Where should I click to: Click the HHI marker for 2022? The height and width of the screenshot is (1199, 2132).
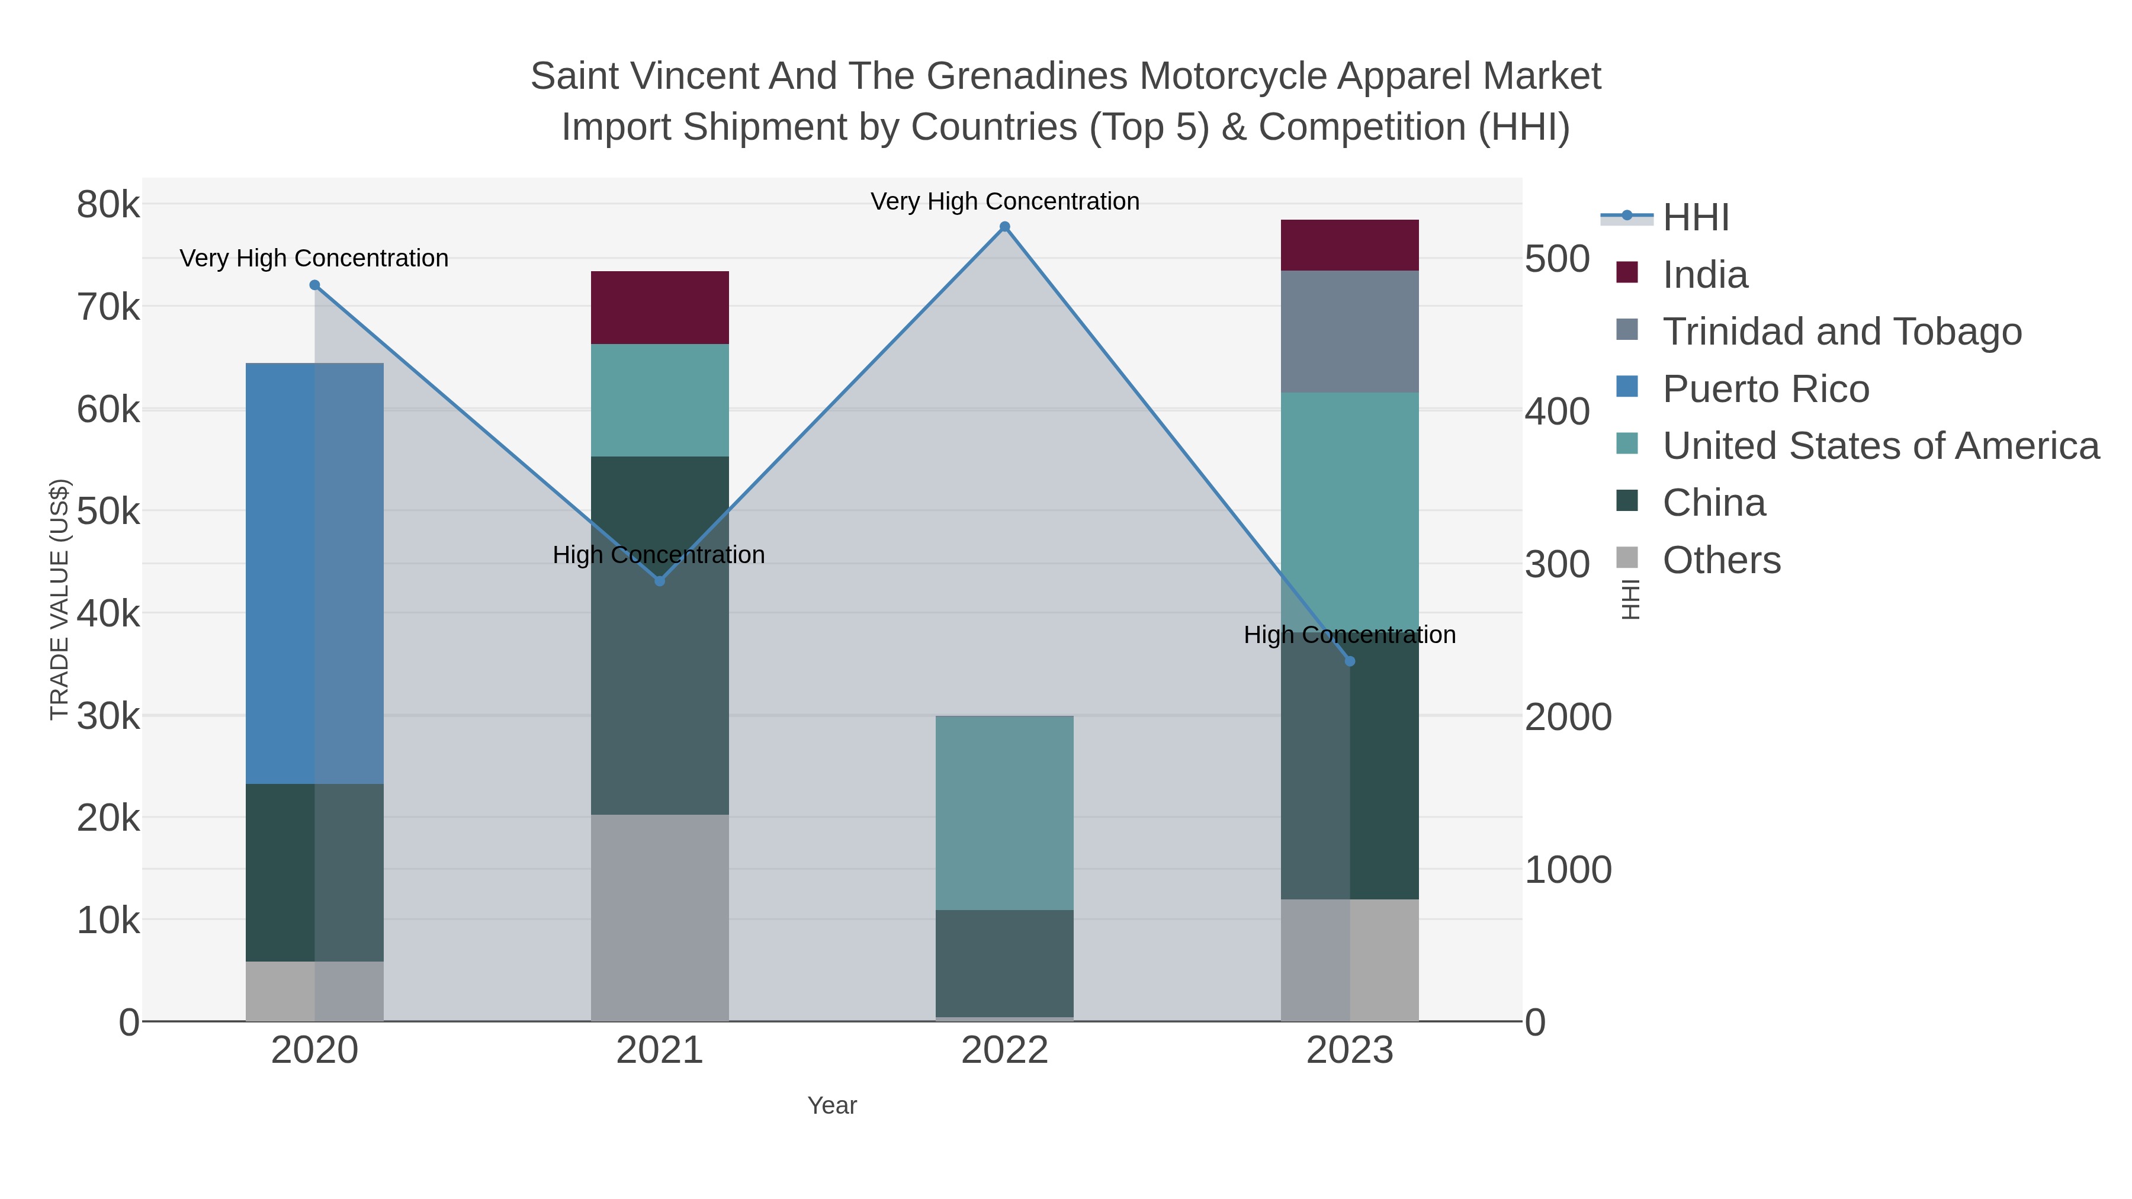pyautogui.click(x=1005, y=227)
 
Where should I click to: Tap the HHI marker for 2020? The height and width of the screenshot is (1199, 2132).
pyautogui.click(x=314, y=285)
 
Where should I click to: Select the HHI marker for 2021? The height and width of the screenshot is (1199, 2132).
pyautogui.click(x=660, y=581)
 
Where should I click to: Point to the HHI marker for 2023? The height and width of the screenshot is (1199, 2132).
pyautogui.click(x=1350, y=661)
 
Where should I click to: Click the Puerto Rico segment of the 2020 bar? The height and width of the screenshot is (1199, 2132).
pyautogui.click(x=314, y=573)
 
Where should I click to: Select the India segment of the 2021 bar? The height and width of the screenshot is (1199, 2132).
pyautogui.click(x=660, y=307)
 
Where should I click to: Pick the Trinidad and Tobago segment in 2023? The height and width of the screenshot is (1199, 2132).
pyautogui.click(x=1350, y=331)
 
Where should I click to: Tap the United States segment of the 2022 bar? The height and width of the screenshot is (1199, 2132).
pyautogui.click(x=1005, y=812)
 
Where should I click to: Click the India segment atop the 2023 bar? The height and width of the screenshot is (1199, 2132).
pyautogui.click(x=1350, y=245)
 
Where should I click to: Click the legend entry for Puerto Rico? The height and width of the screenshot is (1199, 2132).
pyautogui.click(x=1765, y=389)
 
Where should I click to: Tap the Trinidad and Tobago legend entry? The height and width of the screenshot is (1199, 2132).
pyautogui.click(x=1841, y=332)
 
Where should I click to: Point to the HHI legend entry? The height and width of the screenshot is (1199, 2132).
pyautogui.click(x=1695, y=218)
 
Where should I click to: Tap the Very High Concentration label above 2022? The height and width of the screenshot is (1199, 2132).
pyautogui.click(x=1005, y=201)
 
